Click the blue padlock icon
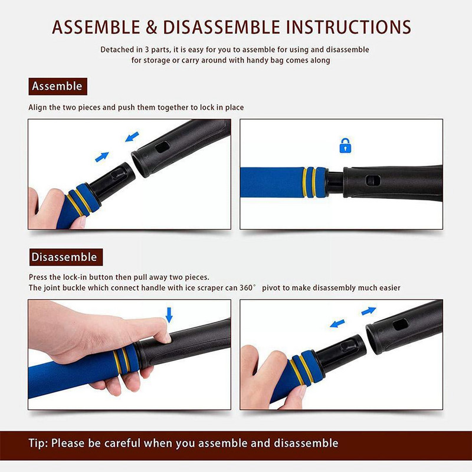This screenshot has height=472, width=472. coord(345,146)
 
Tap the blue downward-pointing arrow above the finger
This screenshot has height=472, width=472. coord(169,315)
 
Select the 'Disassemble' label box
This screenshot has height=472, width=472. coord(66,257)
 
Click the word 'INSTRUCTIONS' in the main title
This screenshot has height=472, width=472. coord(348,27)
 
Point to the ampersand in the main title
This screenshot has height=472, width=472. coord(152,27)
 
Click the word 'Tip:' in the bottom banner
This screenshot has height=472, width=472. coord(38,444)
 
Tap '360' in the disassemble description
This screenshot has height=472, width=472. coord(246,288)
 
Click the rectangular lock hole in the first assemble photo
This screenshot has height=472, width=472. coord(162,147)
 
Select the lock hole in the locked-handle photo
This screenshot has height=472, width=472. coord(373,181)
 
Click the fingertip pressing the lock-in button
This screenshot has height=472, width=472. coord(166,337)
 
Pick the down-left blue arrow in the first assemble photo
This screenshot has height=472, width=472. coord(132,137)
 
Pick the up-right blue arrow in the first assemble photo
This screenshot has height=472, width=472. coord(101,157)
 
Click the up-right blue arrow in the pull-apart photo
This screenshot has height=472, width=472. coord(369,311)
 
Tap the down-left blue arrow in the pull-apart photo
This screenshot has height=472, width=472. coord(337,323)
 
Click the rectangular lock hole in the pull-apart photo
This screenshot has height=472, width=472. coord(401,324)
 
